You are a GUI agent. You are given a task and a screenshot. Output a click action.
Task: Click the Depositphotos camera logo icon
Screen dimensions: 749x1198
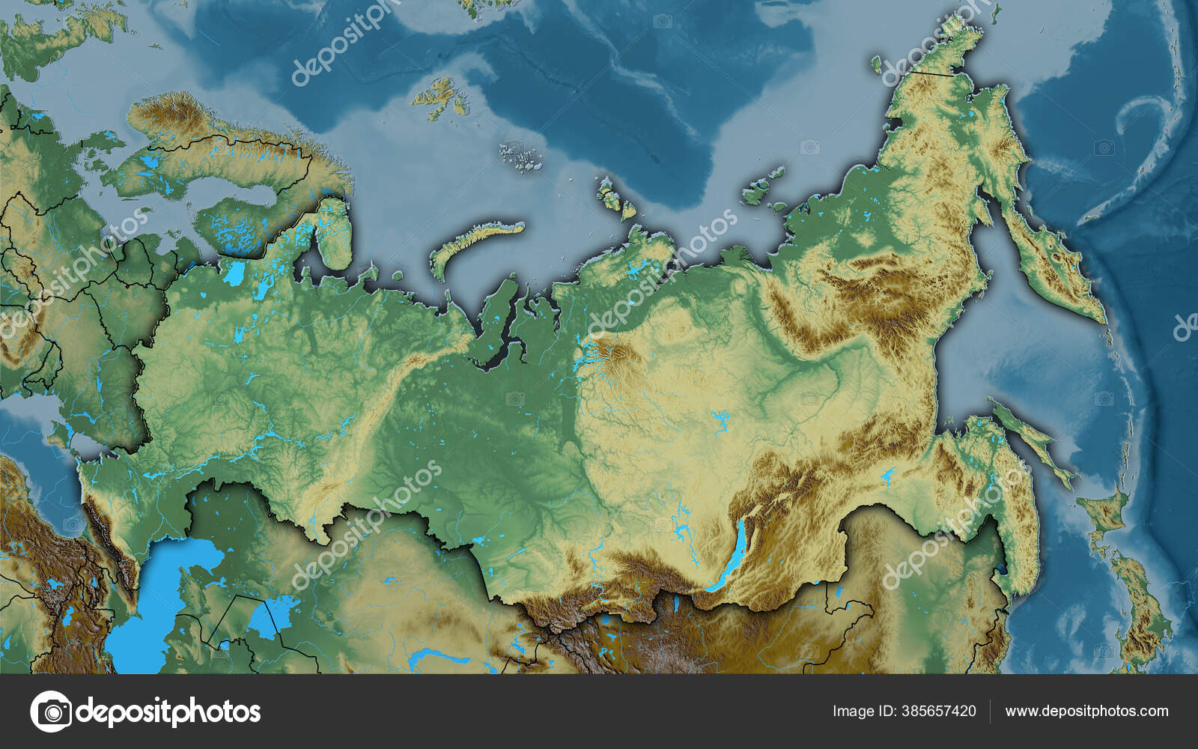point(51,711)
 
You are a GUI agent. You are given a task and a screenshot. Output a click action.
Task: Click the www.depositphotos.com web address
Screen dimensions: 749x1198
point(1086,711)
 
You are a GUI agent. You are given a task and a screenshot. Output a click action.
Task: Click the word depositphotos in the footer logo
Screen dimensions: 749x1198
point(168,711)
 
